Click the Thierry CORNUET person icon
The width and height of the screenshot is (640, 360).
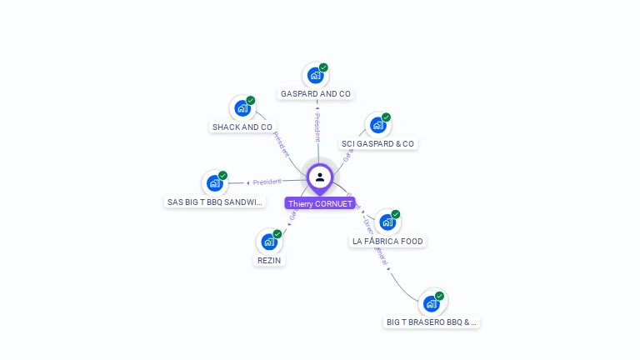[x=320, y=177]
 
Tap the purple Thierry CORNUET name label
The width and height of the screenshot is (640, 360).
[x=320, y=203]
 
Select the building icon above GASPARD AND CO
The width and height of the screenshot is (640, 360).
[x=315, y=75]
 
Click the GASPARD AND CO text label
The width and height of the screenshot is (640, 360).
[x=316, y=94]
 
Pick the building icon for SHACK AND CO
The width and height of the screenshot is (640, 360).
[x=242, y=108]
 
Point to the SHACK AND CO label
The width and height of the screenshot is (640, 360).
[x=242, y=127]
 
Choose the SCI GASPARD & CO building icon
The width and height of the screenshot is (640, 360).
[x=377, y=125]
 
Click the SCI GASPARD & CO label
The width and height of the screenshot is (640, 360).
[x=377, y=144]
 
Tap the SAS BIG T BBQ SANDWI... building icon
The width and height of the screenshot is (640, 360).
[x=214, y=183]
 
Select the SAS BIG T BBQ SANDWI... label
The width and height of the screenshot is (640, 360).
[x=215, y=202]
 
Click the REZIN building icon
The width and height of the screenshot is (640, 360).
[x=268, y=242]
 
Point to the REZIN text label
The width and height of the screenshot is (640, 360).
[x=269, y=261]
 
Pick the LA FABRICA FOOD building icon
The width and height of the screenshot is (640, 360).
[x=387, y=222]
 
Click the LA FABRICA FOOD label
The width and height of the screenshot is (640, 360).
[x=387, y=242]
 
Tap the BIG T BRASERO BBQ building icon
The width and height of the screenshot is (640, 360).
[x=432, y=302]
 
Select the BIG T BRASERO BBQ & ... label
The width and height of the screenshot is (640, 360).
[x=432, y=322]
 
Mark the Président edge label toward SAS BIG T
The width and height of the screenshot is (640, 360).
[x=267, y=182]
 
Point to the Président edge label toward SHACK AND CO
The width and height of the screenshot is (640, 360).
[x=281, y=144]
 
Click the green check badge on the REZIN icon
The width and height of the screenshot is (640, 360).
[x=277, y=234]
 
